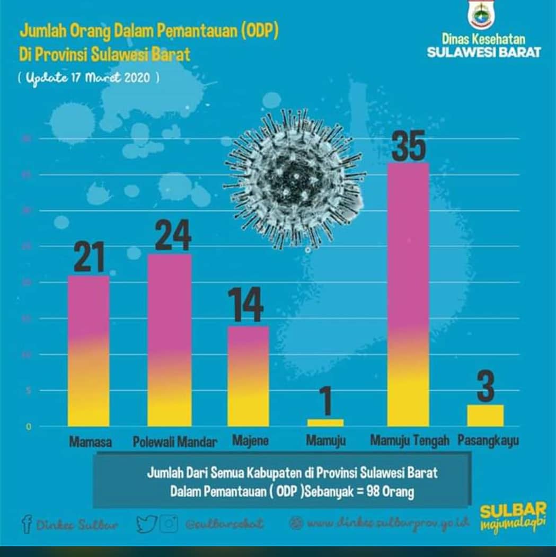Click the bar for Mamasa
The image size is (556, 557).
[x=89, y=351]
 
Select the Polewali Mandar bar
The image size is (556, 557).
[x=170, y=340]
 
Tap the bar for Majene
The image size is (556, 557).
[x=248, y=376]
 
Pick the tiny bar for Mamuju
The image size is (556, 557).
[x=325, y=422]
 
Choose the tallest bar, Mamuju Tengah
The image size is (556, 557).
[x=408, y=295]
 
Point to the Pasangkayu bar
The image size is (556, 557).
[x=486, y=415]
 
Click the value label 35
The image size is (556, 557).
[x=408, y=146]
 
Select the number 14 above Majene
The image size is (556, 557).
[x=245, y=305]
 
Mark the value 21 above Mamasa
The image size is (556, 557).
[x=89, y=257]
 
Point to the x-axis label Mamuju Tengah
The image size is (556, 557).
[x=410, y=440]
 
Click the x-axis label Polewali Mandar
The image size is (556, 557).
[x=175, y=442]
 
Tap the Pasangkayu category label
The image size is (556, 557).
[x=488, y=441]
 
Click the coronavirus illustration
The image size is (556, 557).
[x=295, y=179]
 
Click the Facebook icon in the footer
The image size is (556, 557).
[x=27, y=524]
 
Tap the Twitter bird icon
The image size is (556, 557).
[x=146, y=524]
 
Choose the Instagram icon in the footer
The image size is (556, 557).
[x=169, y=524]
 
